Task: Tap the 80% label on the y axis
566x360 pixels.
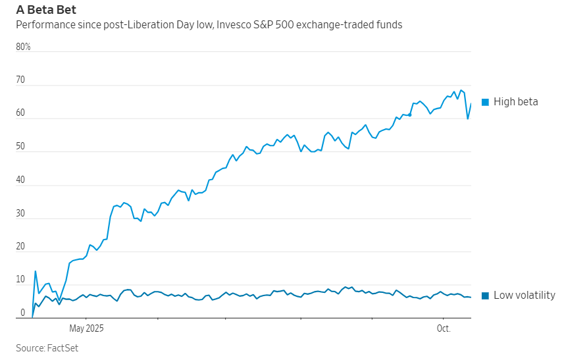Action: coord(23,47)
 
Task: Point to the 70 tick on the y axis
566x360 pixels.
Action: coord(20,80)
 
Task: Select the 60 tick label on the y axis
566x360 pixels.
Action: coord(20,113)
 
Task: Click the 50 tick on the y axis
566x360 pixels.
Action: coord(20,147)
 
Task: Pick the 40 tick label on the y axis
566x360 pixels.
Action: coord(20,180)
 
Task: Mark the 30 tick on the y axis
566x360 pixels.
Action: coord(20,213)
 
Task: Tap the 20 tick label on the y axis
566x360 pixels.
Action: coord(20,247)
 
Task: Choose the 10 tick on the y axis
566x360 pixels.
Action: coord(20,280)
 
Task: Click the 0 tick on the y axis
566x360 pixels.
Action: coord(22,313)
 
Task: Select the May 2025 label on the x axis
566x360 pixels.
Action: coord(86,328)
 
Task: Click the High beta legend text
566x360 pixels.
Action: coord(515,102)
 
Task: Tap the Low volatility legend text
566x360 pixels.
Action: coord(524,296)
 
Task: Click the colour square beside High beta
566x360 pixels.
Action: coord(485,102)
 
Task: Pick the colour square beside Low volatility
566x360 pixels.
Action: coord(485,296)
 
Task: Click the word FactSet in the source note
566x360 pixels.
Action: coord(63,348)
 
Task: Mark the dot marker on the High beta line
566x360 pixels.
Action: coord(409,115)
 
